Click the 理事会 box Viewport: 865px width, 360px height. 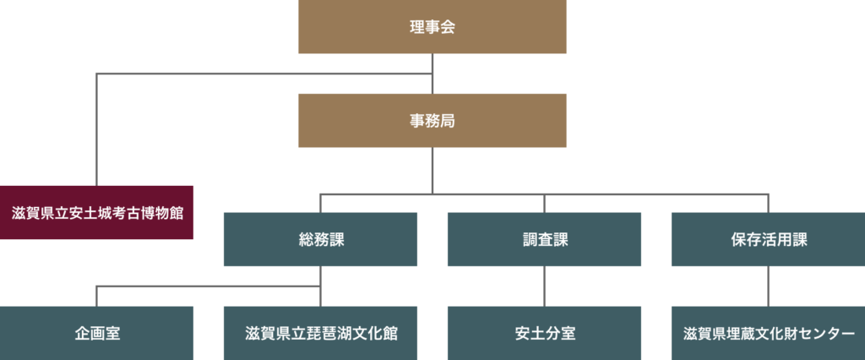pos(432,27)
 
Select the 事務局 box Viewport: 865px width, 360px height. pos(432,120)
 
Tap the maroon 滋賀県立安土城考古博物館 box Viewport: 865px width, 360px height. pos(96,212)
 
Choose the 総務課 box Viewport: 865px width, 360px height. pos(320,239)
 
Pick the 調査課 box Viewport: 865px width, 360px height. pos(544,239)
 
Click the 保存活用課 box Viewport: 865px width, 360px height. pos(768,239)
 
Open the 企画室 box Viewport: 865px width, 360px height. pos(96,333)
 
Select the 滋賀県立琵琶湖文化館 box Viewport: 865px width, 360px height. pos(320,333)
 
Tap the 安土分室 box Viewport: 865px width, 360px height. pos(544,333)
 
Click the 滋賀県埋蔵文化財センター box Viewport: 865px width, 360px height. pos(768,333)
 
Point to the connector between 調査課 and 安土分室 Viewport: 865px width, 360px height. pos(544,286)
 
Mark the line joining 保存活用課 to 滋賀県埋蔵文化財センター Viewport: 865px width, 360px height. pos(768,286)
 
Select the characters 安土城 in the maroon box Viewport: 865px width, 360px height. pos(91,212)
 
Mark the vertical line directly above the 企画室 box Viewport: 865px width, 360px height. pos(97,297)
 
